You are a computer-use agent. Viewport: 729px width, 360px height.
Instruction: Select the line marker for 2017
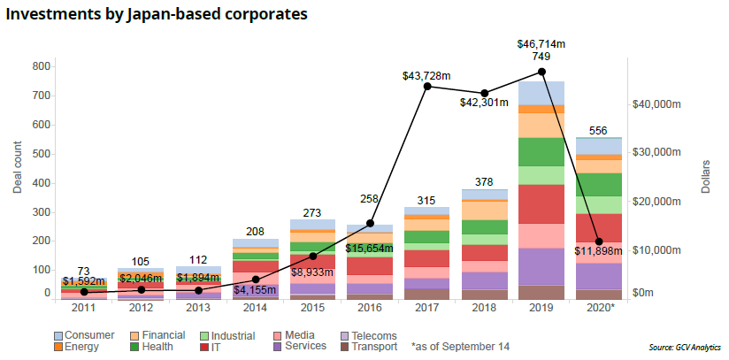pyautogui.click(x=428, y=86)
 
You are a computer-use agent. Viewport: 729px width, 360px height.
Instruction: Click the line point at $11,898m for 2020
pyautogui.click(x=600, y=241)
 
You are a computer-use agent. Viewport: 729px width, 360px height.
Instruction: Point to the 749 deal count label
pyautogui.click(x=541, y=56)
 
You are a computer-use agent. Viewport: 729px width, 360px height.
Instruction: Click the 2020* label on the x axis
pyautogui.click(x=600, y=307)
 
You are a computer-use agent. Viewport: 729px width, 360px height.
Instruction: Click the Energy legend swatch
pyautogui.click(x=58, y=348)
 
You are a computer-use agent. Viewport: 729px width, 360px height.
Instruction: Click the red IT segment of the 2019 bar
pyautogui.click(x=541, y=203)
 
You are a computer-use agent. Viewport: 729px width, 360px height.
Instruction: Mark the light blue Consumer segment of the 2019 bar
pyautogui.click(x=541, y=92)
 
